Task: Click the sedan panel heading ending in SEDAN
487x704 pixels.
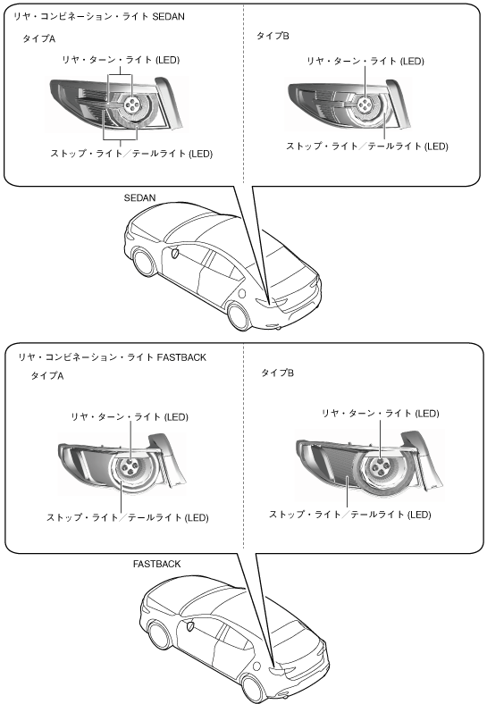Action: click(99, 17)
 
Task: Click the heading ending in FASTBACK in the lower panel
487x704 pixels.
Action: click(112, 357)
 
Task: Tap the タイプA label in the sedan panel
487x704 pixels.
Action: click(39, 38)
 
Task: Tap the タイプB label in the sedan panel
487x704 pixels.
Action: click(273, 36)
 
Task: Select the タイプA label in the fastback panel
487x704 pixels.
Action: click(47, 375)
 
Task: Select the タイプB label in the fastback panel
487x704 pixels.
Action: click(278, 373)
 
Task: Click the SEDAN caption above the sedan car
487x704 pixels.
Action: click(139, 198)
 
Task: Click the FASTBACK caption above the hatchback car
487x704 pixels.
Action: click(156, 564)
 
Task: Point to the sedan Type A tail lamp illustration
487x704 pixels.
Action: click(116, 105)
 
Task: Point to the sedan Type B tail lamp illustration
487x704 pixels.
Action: click(349, 105)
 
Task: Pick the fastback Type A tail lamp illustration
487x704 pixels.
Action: click(122, 464)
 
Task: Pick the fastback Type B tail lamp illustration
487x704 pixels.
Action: click(369, 465)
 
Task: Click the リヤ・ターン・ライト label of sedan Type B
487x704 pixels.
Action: click(365, 61)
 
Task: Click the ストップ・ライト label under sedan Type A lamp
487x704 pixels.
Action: click(131, 154)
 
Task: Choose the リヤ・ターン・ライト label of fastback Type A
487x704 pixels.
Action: click(130, 417)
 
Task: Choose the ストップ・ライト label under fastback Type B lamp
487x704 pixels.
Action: click(350, 515)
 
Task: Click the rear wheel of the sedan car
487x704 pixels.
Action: click(239, 316)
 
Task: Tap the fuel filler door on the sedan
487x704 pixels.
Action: click(241, 294)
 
